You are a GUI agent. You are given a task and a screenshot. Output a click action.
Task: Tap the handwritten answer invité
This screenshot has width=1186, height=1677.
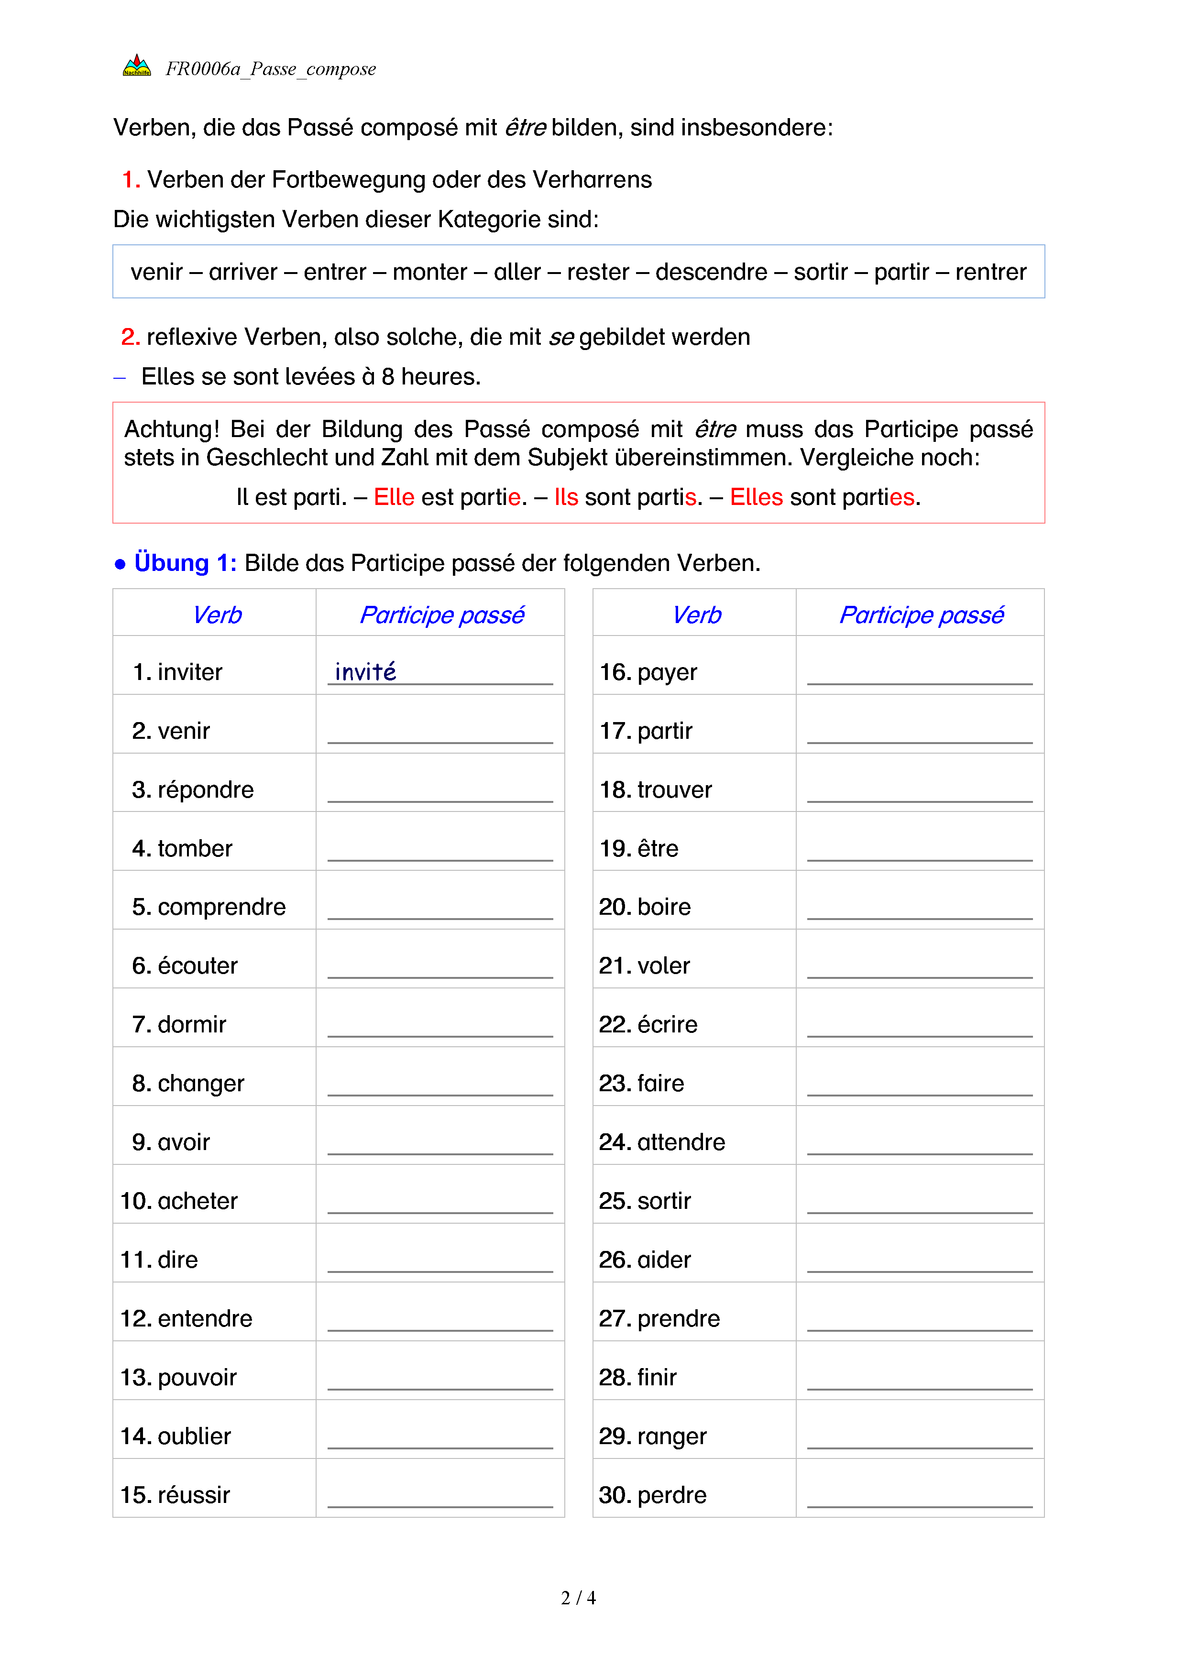(365, 672)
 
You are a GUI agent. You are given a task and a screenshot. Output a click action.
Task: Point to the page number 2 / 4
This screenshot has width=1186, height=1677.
(578, 1598)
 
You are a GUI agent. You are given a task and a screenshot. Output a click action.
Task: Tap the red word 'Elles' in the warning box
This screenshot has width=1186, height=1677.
(756, 497)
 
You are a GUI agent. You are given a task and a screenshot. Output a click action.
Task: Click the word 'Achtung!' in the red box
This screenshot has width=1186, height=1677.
(172, 429)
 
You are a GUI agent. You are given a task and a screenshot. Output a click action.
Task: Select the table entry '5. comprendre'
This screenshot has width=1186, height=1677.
(209, 907)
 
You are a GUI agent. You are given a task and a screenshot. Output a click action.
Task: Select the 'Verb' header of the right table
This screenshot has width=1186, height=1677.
(697, 615)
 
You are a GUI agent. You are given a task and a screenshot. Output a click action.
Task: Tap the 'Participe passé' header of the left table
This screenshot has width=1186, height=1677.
(442, 615)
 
